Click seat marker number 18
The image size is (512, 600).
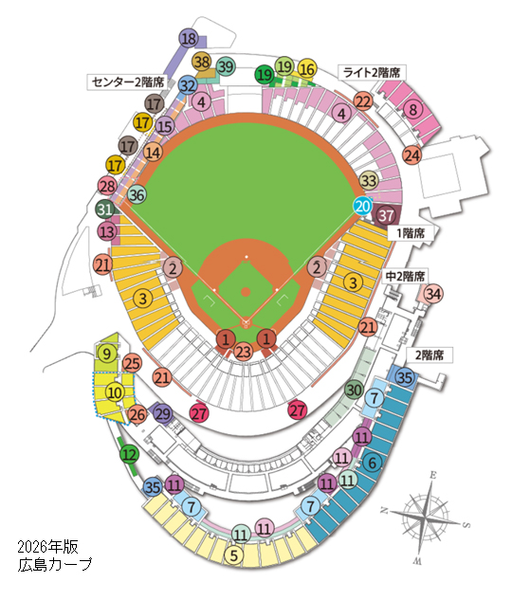click(188, 39)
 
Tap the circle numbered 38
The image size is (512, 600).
click(202, 61)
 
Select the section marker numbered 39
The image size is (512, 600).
click(226, 66)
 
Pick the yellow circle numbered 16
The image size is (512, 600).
click(306, 68)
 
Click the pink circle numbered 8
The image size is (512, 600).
click(411, 110)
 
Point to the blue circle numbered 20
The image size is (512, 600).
click(362, 205)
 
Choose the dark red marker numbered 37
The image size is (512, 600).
click(386, 215)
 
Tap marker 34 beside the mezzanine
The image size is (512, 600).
click(433, 295)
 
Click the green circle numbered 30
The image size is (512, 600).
click(353, 389)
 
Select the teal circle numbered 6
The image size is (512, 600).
click(373, 462)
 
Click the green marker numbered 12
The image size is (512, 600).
click(129, 455)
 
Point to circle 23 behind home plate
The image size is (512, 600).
click(246, 353)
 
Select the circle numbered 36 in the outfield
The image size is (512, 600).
click(137, 195)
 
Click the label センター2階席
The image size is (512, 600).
click(130, 82)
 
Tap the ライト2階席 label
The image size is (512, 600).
click(371, 71)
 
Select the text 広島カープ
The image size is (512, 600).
click(55, 565)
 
